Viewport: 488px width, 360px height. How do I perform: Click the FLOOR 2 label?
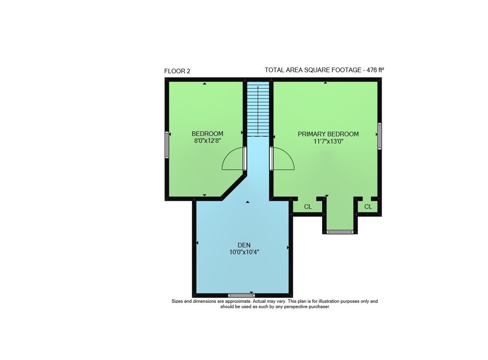(177, 71)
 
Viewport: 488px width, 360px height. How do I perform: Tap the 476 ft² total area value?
(375, 70)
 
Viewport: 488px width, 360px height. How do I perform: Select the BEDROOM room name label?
(207, 134)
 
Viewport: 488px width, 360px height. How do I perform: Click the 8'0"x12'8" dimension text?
(207, 141)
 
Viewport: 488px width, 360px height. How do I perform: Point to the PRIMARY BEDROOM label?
(328, 134)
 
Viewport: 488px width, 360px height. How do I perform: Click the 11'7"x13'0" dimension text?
(328, 141)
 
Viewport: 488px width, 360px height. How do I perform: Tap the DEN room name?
(244, 245)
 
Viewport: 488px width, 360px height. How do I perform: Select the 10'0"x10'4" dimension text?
(244, 252)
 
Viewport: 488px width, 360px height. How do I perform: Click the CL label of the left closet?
(308, 207)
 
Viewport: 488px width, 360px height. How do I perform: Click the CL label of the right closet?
(368, 207)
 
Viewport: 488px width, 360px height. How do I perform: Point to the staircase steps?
(258, 109)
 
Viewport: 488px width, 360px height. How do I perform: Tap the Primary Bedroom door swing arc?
(288, 152)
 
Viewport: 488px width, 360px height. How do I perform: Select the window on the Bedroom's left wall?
(167, 145)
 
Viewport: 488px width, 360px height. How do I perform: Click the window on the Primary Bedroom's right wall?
(379, 136)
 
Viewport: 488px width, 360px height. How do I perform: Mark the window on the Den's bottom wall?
(241, 295)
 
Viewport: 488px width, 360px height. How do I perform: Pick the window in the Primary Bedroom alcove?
(340, 232)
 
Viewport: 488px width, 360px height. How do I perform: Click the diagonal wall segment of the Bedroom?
(234, 187)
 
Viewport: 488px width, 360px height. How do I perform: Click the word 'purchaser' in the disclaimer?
(320, 307)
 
